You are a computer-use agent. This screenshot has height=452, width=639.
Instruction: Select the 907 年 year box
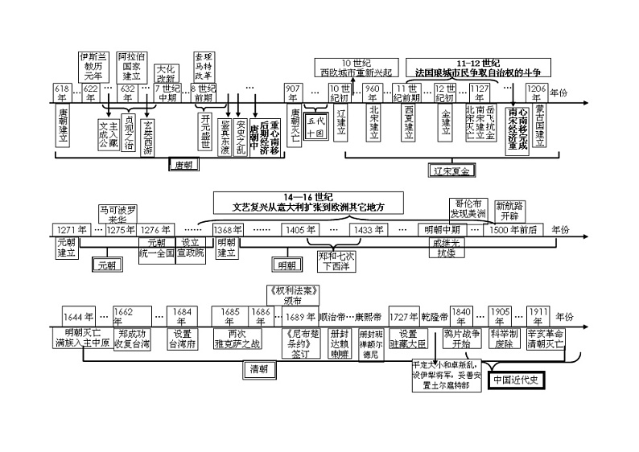point(295,89)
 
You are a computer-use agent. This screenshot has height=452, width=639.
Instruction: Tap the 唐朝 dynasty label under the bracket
point(189,165)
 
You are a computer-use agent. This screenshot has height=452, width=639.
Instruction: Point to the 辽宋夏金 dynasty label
point(451,171)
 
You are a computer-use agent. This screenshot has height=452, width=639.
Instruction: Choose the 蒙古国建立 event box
point(539,127)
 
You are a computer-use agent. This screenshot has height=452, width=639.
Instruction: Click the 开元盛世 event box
point(205,129)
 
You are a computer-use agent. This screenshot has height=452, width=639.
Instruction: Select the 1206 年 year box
point(537,89)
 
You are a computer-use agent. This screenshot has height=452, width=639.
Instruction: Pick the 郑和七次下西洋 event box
point(336,261)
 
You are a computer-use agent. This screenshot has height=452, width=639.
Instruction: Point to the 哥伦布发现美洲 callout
point(468,209)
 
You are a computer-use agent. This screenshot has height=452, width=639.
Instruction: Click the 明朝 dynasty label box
point(287,264)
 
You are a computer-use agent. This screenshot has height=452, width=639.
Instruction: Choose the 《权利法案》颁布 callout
point(293,295)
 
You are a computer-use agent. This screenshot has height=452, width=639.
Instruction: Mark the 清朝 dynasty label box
point(259,369)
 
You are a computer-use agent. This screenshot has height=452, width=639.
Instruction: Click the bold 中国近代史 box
point(519,380)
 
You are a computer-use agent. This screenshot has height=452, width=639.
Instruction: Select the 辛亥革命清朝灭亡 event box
point(546,337)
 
